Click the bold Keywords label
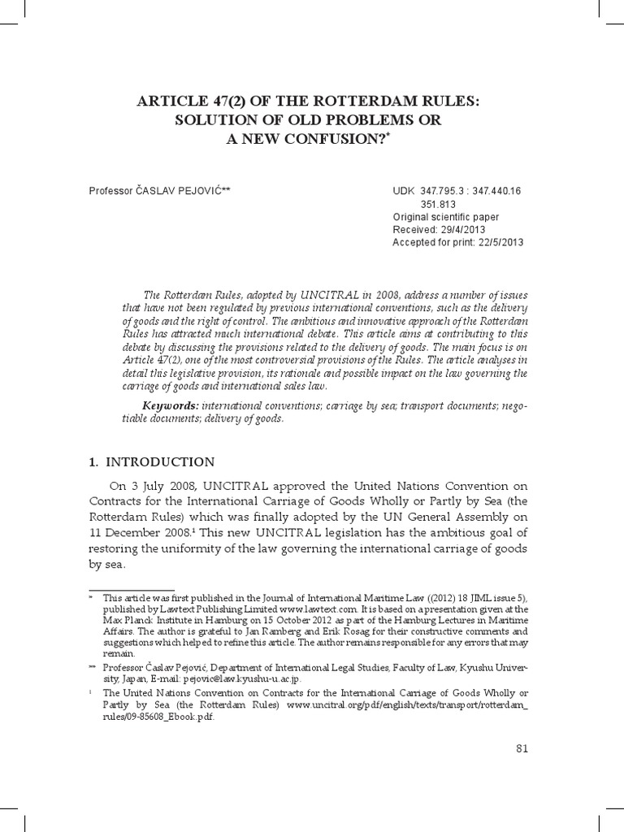171,405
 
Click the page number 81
522,748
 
